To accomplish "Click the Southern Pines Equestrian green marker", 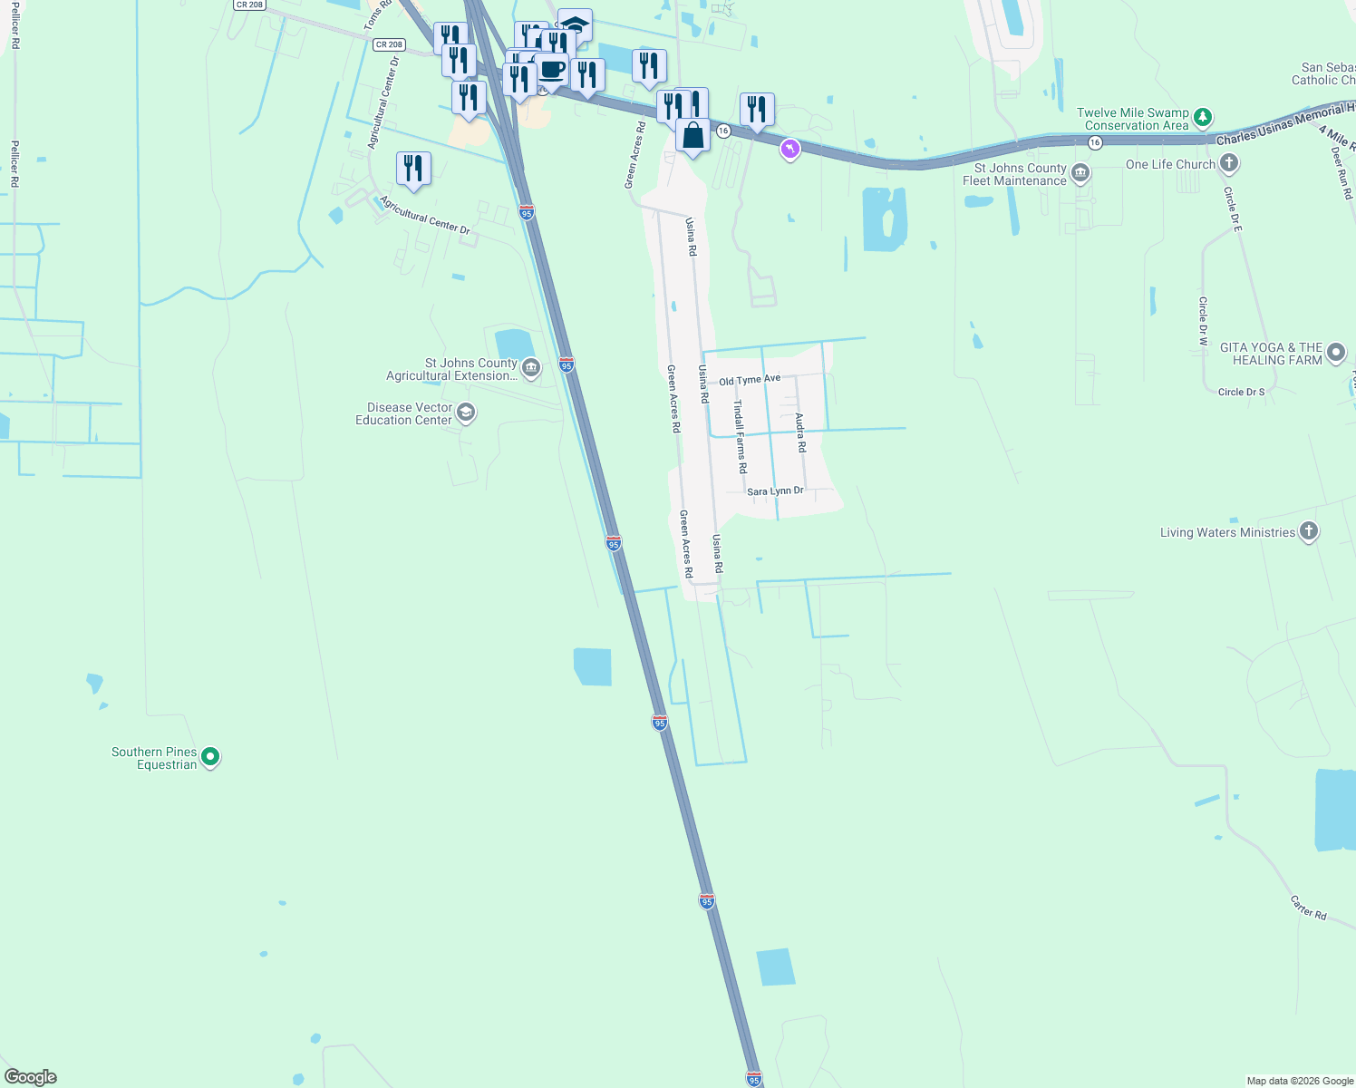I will click(210, 756).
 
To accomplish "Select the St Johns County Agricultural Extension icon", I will click(531, 368).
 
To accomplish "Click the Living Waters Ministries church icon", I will click(1308, 531).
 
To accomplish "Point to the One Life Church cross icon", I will click(1228, 164).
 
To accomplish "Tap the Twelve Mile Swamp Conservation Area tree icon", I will click(1203, 117).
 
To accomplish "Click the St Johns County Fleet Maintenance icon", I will click(1080, 173).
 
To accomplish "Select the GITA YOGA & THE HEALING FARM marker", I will click(1335, 353).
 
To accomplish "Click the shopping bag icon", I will click(693, 136).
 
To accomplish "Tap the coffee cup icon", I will click(551, 69).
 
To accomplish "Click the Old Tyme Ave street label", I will click(750, 380).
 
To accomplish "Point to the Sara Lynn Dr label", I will click(775, 491).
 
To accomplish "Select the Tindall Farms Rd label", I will click(741, 437).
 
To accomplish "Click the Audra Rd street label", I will click(800, 433).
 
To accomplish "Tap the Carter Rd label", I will click(1308, 908).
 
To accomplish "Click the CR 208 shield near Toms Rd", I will click(389, 44).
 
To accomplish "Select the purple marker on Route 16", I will click(790, 149).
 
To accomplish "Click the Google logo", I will click(31, 1077).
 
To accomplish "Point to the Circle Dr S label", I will click(1241, 393).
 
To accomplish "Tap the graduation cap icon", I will click(575, 24).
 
